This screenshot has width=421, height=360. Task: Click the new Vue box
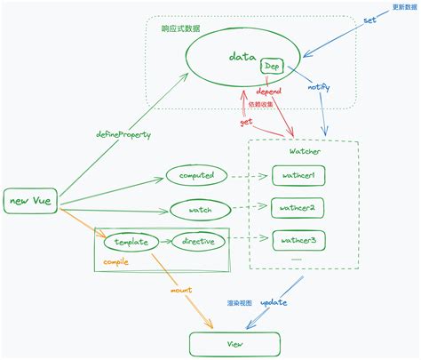pos(30,201)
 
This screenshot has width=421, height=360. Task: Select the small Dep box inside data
pos(272,66)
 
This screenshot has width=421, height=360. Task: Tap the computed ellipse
pos(196,175)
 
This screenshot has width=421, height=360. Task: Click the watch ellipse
pos(200,210)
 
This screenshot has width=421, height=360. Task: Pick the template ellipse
pos(131,242)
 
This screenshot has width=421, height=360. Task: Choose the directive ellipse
pos(198,241)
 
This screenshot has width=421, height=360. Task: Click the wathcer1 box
pos(298,176)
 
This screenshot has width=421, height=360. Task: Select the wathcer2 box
pos(298,208)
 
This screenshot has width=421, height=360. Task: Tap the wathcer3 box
pos(298,240)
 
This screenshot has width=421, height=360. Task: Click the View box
pos(234,344)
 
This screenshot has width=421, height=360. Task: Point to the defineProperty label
pos(123,135)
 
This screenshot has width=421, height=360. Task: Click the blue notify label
pos(319,87)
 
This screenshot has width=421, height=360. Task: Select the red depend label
pos(268,92)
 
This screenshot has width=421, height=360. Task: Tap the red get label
pos(246,122)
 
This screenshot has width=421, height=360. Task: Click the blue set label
pos(369,20)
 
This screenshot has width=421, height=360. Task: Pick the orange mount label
pos(181,290)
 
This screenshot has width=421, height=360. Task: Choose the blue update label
pos(274,302)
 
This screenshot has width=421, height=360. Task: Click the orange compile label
pos(115,262)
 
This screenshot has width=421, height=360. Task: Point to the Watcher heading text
pos(305,151)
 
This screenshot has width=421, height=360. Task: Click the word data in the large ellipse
pos(242,56)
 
